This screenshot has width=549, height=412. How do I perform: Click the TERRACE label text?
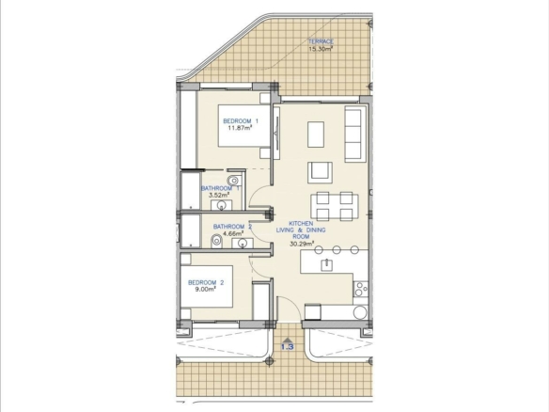[x=321, y=41]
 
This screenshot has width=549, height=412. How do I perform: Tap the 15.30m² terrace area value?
[x=321, y=49]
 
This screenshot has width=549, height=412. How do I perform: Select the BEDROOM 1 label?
[x=241, y=121]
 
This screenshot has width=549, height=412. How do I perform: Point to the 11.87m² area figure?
[x=241, y=128]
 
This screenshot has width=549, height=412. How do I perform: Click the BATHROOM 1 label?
[x=220, y=188]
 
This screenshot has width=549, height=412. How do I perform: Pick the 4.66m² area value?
[x=232, y=233]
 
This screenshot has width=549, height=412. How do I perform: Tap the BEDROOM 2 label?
[x=206, y=283]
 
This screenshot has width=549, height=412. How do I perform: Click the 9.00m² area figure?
[x=206, y=290]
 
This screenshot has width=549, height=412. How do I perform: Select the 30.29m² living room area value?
[x=302, y=244]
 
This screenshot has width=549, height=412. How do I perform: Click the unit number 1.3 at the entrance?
[x=287, y=347]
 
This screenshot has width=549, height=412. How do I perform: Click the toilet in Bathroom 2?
[x=217, y=242]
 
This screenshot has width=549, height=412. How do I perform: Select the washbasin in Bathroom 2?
[x=243, y=243]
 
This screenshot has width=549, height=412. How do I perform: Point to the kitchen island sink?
[x=326, y=264]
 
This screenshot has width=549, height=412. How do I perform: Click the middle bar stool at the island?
[x=337, y=250]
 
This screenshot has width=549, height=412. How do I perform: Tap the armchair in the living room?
[x=320, y=172]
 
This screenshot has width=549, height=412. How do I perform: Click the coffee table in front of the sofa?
[x=316, y=135]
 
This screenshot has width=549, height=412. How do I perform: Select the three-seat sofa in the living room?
[x=353, y=134]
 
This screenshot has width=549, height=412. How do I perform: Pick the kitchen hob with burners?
[x=360, y=289]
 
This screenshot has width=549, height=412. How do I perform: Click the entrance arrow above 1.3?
[x=287, y=340]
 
